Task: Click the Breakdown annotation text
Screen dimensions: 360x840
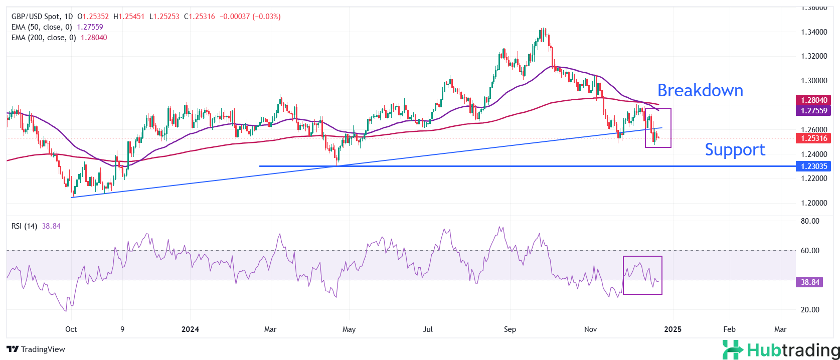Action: (x=700, y=91)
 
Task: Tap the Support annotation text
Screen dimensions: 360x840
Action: (x=735, y=150)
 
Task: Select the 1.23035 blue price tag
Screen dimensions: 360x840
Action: (x=813, y=166)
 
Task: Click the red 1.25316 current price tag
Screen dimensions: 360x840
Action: (x=813, y=138)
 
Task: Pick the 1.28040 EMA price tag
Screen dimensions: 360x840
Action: (x=813, y=100)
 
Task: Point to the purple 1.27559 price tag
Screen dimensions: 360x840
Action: (x=813, y=111)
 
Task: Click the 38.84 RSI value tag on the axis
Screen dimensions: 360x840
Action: (x=810, y=282)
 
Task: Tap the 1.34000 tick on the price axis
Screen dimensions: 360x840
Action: (x=814, y=32)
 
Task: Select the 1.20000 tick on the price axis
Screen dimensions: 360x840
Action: (x=814, y=203)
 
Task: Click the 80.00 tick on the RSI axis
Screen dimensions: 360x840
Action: (x=810, y=221)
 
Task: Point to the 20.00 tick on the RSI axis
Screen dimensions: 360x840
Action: (x=810, y=310)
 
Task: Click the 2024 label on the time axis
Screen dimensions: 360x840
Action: (x=190, y=329)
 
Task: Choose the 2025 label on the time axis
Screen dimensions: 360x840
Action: (x=673, y=329)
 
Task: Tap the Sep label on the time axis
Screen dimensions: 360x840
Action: (x=510, y=329)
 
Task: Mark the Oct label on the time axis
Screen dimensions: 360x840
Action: (x=71, y=329)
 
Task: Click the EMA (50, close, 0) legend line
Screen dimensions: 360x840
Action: (x=42, y=27)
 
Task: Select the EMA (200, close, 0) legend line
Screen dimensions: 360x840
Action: (x=44, y=38)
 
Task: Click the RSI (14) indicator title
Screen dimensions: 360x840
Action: (x=24, y=226)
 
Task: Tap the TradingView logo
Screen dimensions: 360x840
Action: (x=36, y=349)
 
